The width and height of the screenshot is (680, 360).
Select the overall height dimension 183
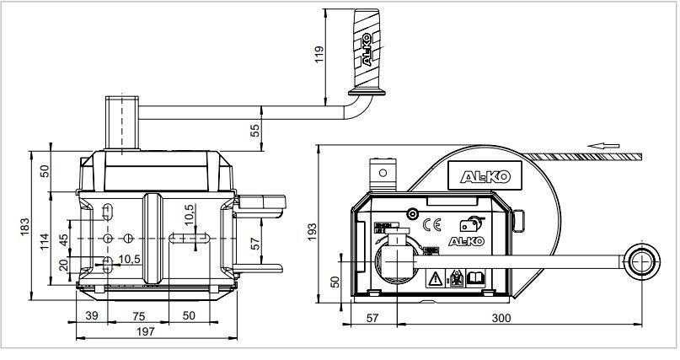point(25,226)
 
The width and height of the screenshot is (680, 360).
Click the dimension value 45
point(63,240)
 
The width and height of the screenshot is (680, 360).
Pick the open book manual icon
point(474,277)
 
